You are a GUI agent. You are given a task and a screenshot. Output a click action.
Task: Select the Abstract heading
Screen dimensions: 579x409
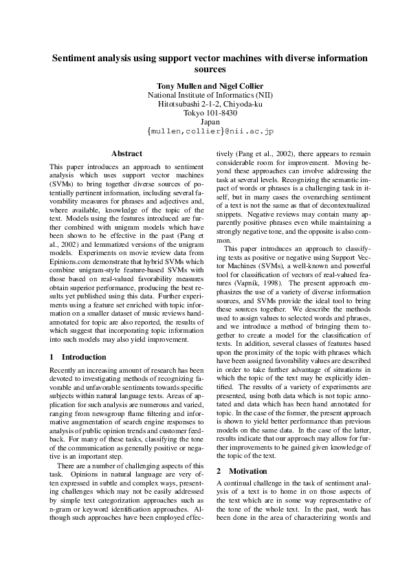(126, 153)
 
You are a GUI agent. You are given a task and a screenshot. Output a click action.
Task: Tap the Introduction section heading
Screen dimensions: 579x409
(84, 358)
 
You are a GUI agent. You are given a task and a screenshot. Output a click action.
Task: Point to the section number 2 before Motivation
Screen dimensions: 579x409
(219, 471)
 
